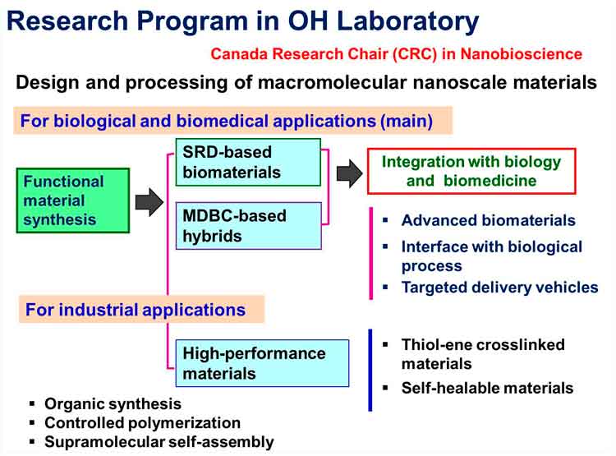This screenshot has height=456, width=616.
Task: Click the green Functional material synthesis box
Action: click(x=73, y=200)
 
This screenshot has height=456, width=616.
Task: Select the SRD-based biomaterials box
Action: click(x=248, y=162)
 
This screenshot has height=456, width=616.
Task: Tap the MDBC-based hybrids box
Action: click(x=249, y=226)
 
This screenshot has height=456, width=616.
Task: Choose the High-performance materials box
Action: click(x=262, y=363)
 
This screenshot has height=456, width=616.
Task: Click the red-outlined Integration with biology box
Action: click(x=471, y=171)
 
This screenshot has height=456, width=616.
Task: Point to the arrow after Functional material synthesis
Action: click(x=149, y=202)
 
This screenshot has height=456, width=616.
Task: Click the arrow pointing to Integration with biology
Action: click(x=350, y=173)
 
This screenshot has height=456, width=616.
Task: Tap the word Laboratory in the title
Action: click(x=407, y=21)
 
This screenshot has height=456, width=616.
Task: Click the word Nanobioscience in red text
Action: click(x=522, y=54)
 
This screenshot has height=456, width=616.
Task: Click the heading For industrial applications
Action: click(x=136, y=310)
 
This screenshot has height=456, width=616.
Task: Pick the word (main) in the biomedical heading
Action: click(x=407, y=121)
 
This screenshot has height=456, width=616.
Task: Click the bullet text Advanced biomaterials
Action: click(x=489, y=220)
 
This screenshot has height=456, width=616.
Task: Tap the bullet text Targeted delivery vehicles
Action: click(x=499, y=288)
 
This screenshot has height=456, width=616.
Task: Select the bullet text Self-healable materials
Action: click(x=487, y=388)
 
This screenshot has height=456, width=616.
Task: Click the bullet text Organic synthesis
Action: click(x=113, y=403)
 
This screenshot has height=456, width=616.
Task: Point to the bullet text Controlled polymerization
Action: click(x=143, y=423)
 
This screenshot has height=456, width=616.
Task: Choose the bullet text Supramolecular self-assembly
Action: click(x=159, y=442)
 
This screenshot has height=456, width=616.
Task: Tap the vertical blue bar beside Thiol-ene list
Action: click(x=370, y=370)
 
